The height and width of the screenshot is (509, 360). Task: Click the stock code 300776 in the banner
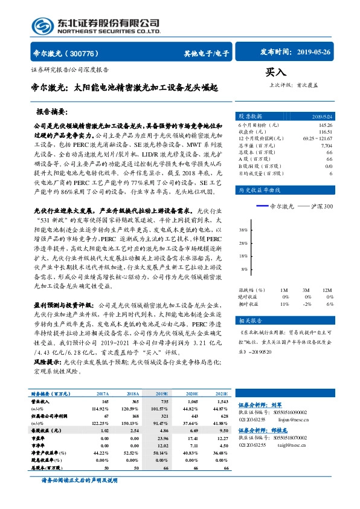coord(87,53)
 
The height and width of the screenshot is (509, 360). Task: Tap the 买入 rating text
coord(275,71)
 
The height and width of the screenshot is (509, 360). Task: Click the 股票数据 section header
coord(249,115)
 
